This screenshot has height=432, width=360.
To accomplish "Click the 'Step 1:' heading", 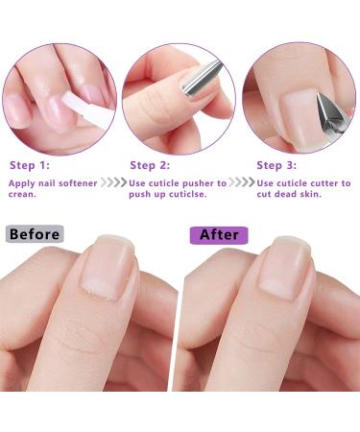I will click(31, 165).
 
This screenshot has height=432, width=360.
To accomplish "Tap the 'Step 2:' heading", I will click(151, 165).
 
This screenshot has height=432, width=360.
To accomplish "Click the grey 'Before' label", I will click(34, 234).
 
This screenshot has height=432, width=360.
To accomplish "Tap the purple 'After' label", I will click(219, 234).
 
